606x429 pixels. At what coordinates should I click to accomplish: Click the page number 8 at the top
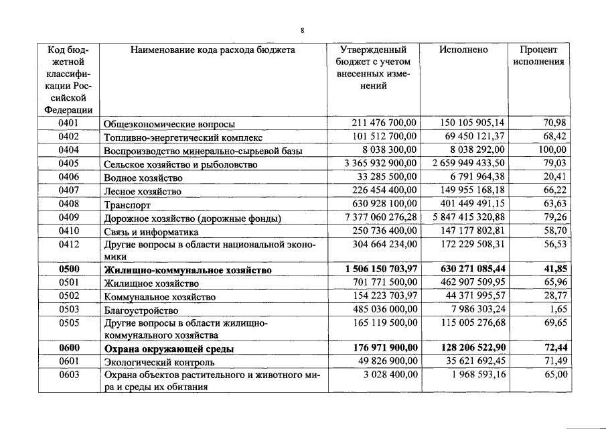(x=303, y=29)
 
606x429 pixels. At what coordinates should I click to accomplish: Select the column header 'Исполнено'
(x=463, y=50)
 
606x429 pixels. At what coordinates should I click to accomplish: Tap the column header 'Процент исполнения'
(x=538, y=56)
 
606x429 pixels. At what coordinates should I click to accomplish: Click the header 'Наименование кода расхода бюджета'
(x=212, y=50)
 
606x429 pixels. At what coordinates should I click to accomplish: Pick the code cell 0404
(x=69, y=150)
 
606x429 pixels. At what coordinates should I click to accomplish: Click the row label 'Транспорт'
(x=127, y=204)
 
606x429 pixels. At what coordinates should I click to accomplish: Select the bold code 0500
(x=69, y=269)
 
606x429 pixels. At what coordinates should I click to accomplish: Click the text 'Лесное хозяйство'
(x=142, y=191)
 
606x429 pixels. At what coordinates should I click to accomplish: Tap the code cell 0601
(x=69, y=361)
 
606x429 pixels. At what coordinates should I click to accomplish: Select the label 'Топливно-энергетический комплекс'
(x=181, y=137)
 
